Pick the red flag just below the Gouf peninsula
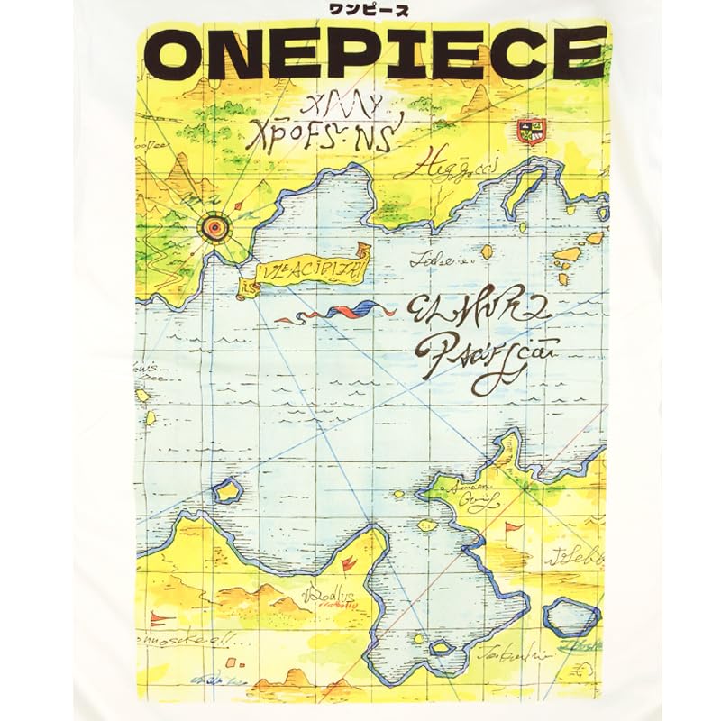515,526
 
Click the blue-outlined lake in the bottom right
571,617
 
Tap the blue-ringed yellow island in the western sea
228,491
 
